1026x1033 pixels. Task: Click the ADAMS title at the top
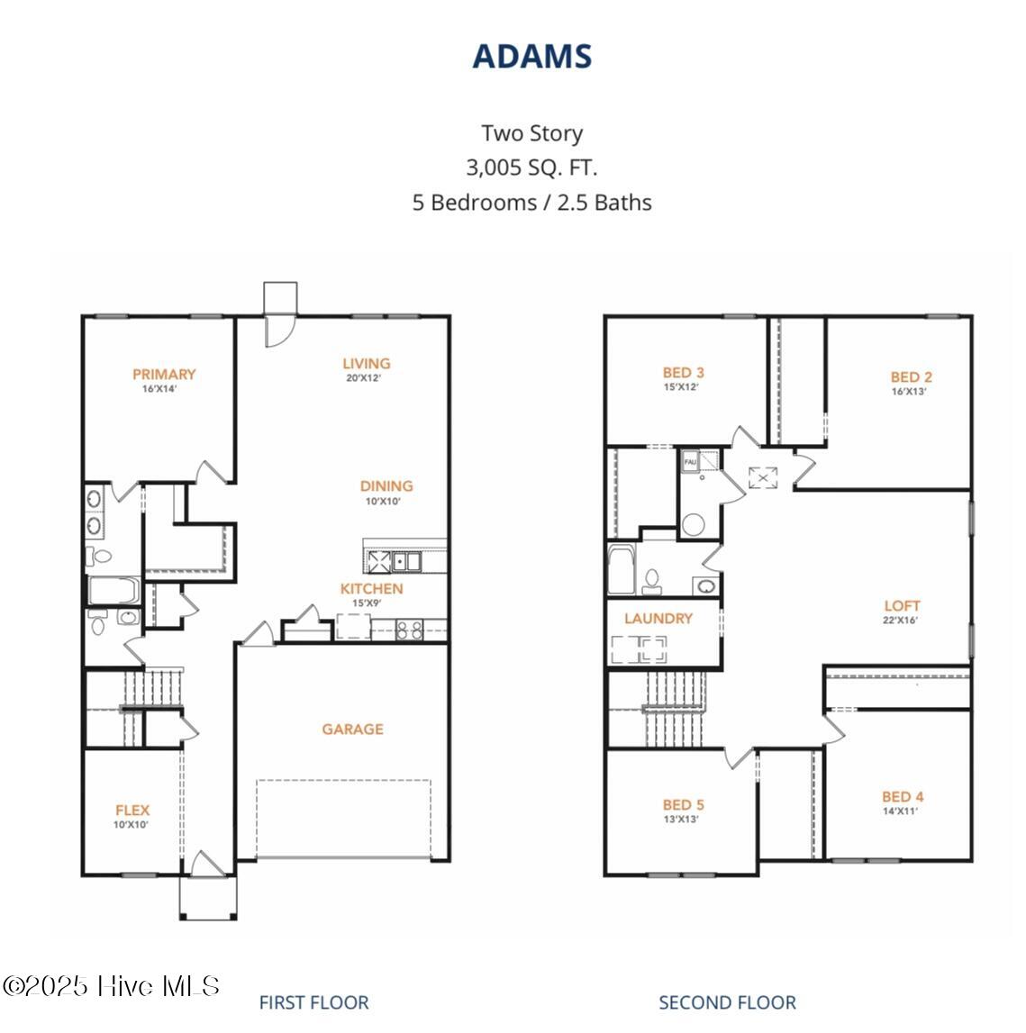click(x=531, y=56)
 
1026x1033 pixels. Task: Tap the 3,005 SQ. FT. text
click(x=531, y=168)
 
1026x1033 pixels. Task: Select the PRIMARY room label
click(x=164, y=375)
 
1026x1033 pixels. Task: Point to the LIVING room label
click(x=366, y=364)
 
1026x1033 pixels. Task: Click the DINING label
click(x=386, y=486)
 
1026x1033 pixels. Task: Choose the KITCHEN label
click(x=371, y=589)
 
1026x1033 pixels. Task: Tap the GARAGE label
click(x=352, y=729)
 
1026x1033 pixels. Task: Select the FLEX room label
click(x=132, y=811)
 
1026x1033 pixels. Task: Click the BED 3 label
click(x=683, y=373)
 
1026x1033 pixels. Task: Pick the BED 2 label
click(x=911, y=377)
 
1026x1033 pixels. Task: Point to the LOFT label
click(x=902, y=606)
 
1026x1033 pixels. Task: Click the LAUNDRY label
click(x=658, y=619)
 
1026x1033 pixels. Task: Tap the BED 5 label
click(x=683, y=805)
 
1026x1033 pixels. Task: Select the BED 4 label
click(x=902, y=797)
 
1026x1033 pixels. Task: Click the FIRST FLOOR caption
click(x=313, y=1002)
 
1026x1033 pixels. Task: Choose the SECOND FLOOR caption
click(x=727, y=1002)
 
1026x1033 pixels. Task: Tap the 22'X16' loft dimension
click(x=902, y=621)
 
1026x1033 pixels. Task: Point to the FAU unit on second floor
click(x=691, y=461)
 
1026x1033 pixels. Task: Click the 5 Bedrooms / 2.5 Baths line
click(x=531, y=203)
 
